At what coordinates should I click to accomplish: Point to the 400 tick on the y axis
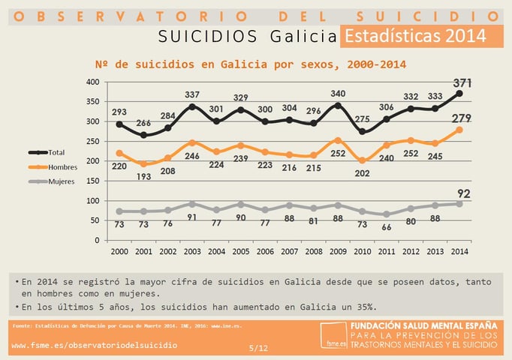tap(92, 82)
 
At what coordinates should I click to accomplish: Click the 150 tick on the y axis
tap(92, 181)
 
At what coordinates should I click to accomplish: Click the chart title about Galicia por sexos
tap(251, 64)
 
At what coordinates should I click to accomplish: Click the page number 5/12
tap(258, 347)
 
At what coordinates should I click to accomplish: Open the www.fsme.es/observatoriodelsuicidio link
tap(95, 345)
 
